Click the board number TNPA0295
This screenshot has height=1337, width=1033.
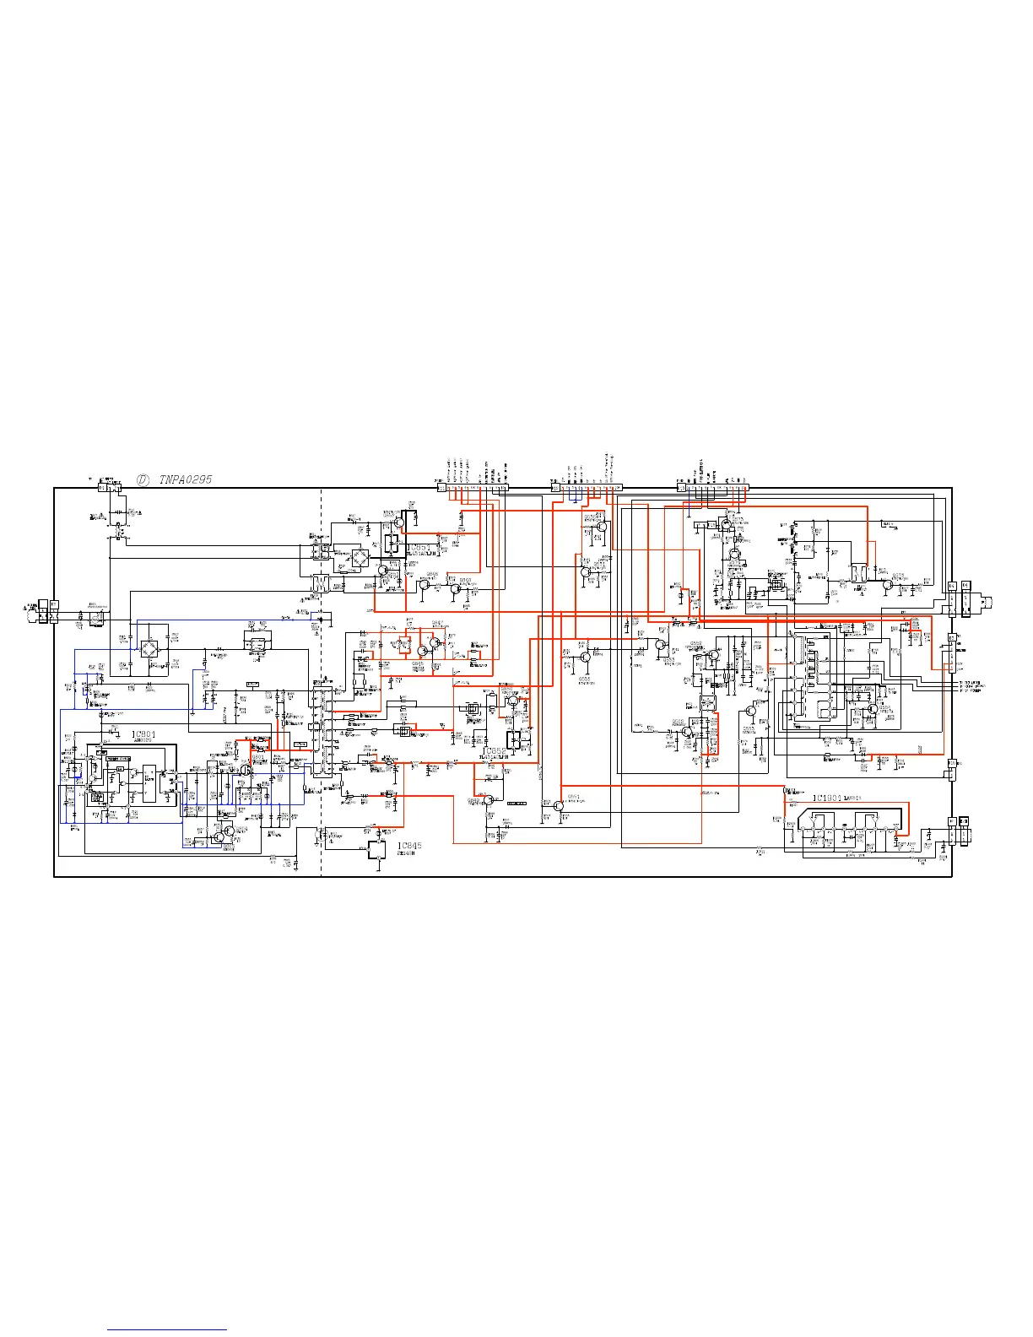click(186, 479)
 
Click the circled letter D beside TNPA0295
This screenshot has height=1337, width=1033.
click(143, 479)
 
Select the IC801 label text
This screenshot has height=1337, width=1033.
click(144, 735)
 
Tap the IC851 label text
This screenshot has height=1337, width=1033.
click(419, 548)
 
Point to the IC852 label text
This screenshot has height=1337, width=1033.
click(495, 750)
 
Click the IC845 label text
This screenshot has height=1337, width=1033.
click(409, 846)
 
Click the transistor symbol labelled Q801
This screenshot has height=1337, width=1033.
click(223, 834)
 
